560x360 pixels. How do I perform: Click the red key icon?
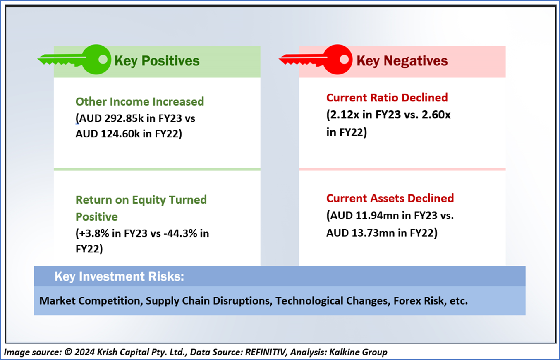click(337, 60)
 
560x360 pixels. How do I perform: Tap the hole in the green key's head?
click(103, 60)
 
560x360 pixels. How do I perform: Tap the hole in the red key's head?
click(344, 60)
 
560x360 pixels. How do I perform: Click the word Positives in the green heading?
click(170, 61)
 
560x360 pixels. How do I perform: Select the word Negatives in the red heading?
click(416, 61)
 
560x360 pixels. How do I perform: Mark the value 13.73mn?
click(373, 233)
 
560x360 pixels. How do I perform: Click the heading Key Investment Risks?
click(119, 276)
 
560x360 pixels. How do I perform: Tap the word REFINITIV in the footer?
click(265, 352)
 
